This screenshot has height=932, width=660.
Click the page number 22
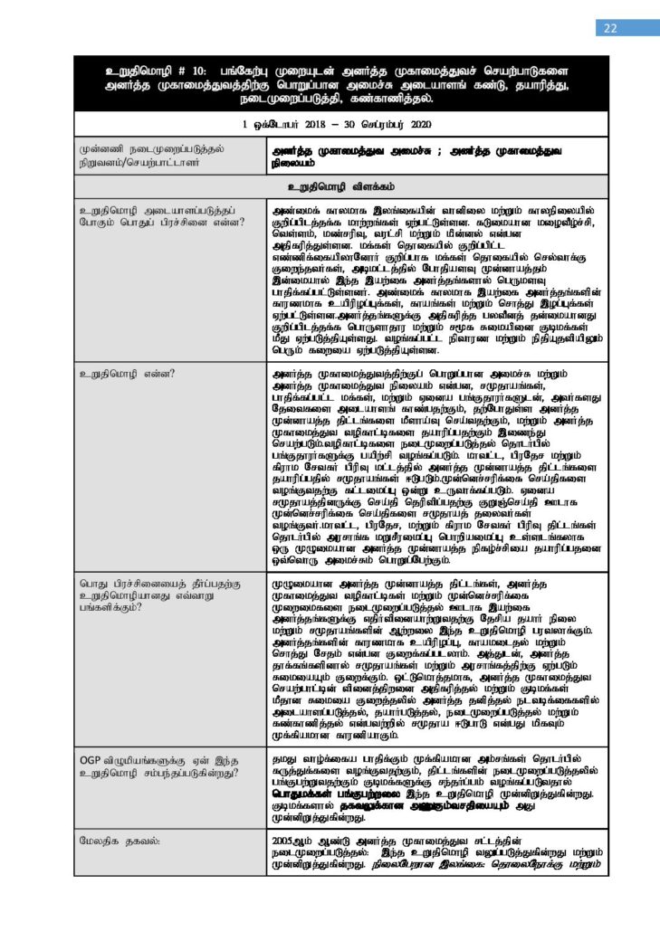tap(609, 28)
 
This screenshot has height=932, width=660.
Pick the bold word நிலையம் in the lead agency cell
tap(292, 162)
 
